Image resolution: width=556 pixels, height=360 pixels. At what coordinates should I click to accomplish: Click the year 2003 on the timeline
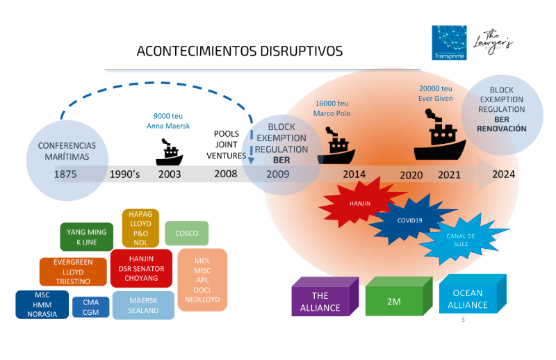(170, 174)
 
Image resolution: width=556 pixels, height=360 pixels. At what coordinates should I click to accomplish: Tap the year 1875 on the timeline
(65, 174)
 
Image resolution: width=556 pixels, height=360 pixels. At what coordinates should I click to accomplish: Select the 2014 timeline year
(354, 174)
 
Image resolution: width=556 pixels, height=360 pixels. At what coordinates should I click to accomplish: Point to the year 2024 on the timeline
(503, 174)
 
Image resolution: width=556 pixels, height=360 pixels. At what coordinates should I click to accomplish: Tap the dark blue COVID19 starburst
(409, 220)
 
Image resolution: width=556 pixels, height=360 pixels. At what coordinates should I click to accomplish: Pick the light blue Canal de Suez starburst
(460, 240)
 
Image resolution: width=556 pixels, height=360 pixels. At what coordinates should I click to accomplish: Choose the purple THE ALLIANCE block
(325, 297)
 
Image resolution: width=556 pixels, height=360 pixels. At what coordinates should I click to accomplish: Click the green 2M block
(398, 297)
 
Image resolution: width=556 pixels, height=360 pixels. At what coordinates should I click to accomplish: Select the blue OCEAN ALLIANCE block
(473, 295)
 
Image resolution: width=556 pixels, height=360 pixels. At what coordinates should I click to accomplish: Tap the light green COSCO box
(186, 234)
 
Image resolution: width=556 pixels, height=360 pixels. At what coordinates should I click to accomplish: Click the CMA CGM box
(91, 307)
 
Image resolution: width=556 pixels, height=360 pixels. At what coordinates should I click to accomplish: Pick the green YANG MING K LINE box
(86, 237)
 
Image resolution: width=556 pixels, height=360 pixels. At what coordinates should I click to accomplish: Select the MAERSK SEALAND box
(143, 305)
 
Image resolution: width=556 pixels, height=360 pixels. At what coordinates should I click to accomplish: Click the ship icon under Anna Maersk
(170, 152)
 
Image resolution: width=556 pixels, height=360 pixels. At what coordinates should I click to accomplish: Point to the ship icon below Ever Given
(440, 135)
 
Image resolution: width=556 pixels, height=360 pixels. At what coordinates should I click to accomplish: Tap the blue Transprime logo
(449, 42)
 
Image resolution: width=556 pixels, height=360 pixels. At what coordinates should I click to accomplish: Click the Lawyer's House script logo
(493, 42)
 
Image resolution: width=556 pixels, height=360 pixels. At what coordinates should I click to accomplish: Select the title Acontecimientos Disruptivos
(240, 51)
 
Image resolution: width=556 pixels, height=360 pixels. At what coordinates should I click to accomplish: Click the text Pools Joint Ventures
(227, 145)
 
